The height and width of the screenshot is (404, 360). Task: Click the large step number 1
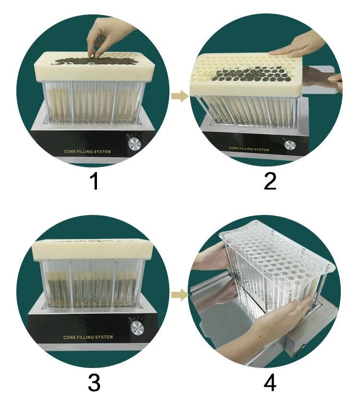[95, 181]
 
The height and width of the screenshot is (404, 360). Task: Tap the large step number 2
[270, 181]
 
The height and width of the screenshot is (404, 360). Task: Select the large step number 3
[94, 383]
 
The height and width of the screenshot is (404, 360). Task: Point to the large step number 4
[270, 383]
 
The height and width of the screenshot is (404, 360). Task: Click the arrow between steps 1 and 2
[180, 96]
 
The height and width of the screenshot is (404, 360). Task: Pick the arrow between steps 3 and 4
[180, 295]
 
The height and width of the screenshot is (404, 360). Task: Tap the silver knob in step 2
[290, 145]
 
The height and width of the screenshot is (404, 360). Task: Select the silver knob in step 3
[137, 328]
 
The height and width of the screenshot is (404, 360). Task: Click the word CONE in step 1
[70, 152]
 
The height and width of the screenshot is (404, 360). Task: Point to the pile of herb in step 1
[93, 61]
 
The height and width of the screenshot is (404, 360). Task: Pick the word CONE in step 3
[69, 337]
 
